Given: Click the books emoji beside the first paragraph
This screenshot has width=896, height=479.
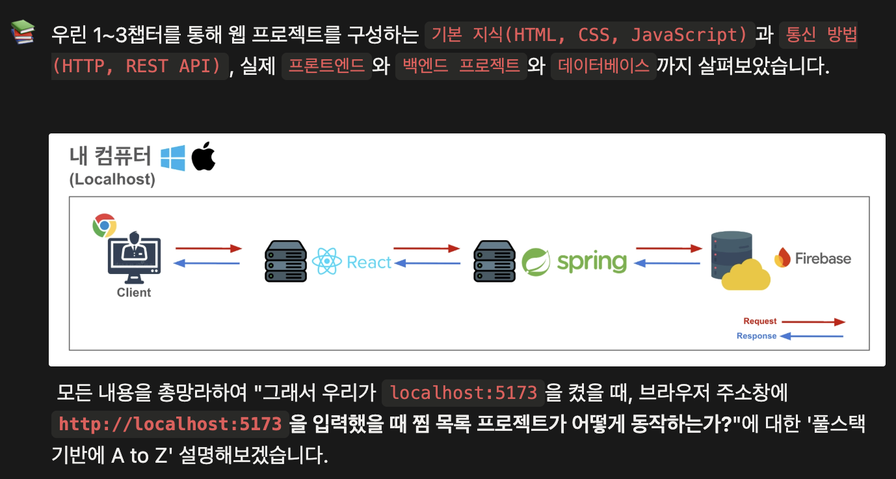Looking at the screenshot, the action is point(23,33).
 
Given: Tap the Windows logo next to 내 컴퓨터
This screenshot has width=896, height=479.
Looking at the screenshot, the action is point(173,157).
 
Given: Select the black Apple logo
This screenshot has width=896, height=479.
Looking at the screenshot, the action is point(204,156).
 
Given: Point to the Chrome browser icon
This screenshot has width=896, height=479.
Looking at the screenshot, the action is point(104,225).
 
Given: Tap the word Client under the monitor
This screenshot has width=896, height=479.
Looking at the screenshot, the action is point(134,293).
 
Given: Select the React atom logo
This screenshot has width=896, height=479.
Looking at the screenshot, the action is point(326,262).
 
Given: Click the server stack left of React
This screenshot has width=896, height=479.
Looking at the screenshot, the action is point(286,261).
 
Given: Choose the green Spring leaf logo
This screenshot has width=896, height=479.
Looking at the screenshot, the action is point(536,262).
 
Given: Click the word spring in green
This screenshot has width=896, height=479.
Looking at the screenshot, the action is point(592,262).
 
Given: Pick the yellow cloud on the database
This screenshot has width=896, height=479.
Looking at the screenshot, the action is point(746,275).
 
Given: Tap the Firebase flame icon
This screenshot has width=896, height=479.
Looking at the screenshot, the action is point(782,258).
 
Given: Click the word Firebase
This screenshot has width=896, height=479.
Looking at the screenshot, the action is point(823,258).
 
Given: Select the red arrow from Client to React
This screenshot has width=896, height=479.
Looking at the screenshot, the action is point(208,249).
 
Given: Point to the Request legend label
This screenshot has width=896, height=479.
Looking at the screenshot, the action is point(760,322).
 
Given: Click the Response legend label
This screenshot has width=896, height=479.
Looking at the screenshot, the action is point(756,336).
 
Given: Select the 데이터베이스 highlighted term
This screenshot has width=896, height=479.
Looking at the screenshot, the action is point(603,66).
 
